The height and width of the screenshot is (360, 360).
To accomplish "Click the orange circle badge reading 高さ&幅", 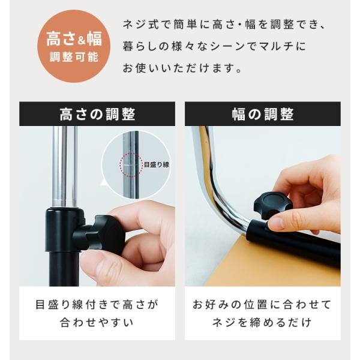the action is coord(74,46).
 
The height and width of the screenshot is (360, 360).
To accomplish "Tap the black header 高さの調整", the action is coord(97,114).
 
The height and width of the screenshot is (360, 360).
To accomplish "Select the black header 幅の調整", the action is coord(263,114).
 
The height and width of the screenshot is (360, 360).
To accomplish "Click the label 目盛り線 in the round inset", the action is coord(157,164).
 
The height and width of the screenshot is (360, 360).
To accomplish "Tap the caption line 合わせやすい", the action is coord(97,322).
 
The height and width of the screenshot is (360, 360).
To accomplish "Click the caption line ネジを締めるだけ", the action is coord(262,322).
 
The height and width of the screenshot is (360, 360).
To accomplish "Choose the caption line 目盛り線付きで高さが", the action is coord(97,304).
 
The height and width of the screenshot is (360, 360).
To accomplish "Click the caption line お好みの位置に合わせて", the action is coord(262,304).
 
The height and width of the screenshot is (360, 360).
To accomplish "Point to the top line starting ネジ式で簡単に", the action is coord(224,25).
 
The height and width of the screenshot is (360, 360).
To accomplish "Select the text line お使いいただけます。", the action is coord(182,68).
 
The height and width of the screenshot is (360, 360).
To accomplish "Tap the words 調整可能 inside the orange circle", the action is coord(74,57).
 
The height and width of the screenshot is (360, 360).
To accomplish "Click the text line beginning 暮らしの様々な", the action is coord(214,46).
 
